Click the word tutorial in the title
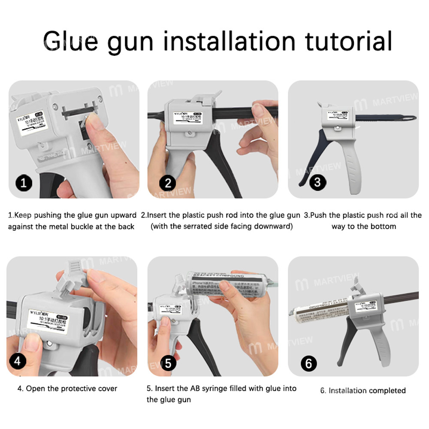tap(348, 41)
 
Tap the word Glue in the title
tap(70, 41)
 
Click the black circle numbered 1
tap(24, 183)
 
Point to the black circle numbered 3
tap(317, 182)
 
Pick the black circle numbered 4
tap(18, 361)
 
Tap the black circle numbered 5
tap(168, 363)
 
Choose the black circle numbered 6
tap(308, 363)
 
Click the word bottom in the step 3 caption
tap(382, 226)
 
